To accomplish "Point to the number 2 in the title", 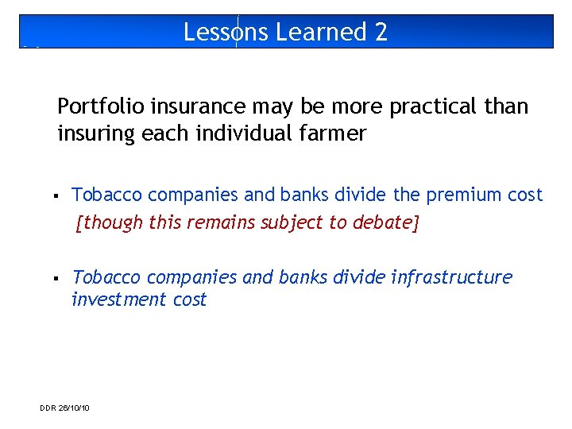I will point(381,32).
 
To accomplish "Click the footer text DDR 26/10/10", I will point(64,408).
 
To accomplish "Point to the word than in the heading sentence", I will point(508,106).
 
